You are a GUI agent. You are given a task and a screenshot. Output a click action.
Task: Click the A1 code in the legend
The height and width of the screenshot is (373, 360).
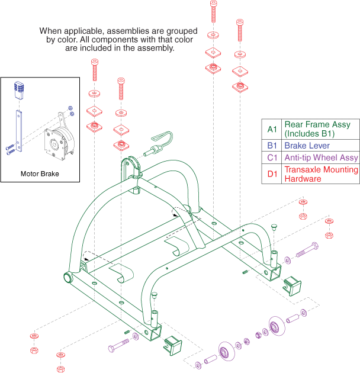pyautogui.click(x=272, y=129)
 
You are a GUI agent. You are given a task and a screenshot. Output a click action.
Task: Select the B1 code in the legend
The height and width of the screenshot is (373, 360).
pyautogui.click(x=272, y=145)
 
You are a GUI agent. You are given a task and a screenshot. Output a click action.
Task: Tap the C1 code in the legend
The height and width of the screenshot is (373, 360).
pyautogui.click(x=272, y=158)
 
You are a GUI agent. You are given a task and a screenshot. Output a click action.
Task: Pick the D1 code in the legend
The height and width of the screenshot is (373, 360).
pyautogui.click(x=272, y=174)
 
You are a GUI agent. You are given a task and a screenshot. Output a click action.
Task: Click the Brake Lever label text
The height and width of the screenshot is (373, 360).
pyautogui.click(x=306, y=145)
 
